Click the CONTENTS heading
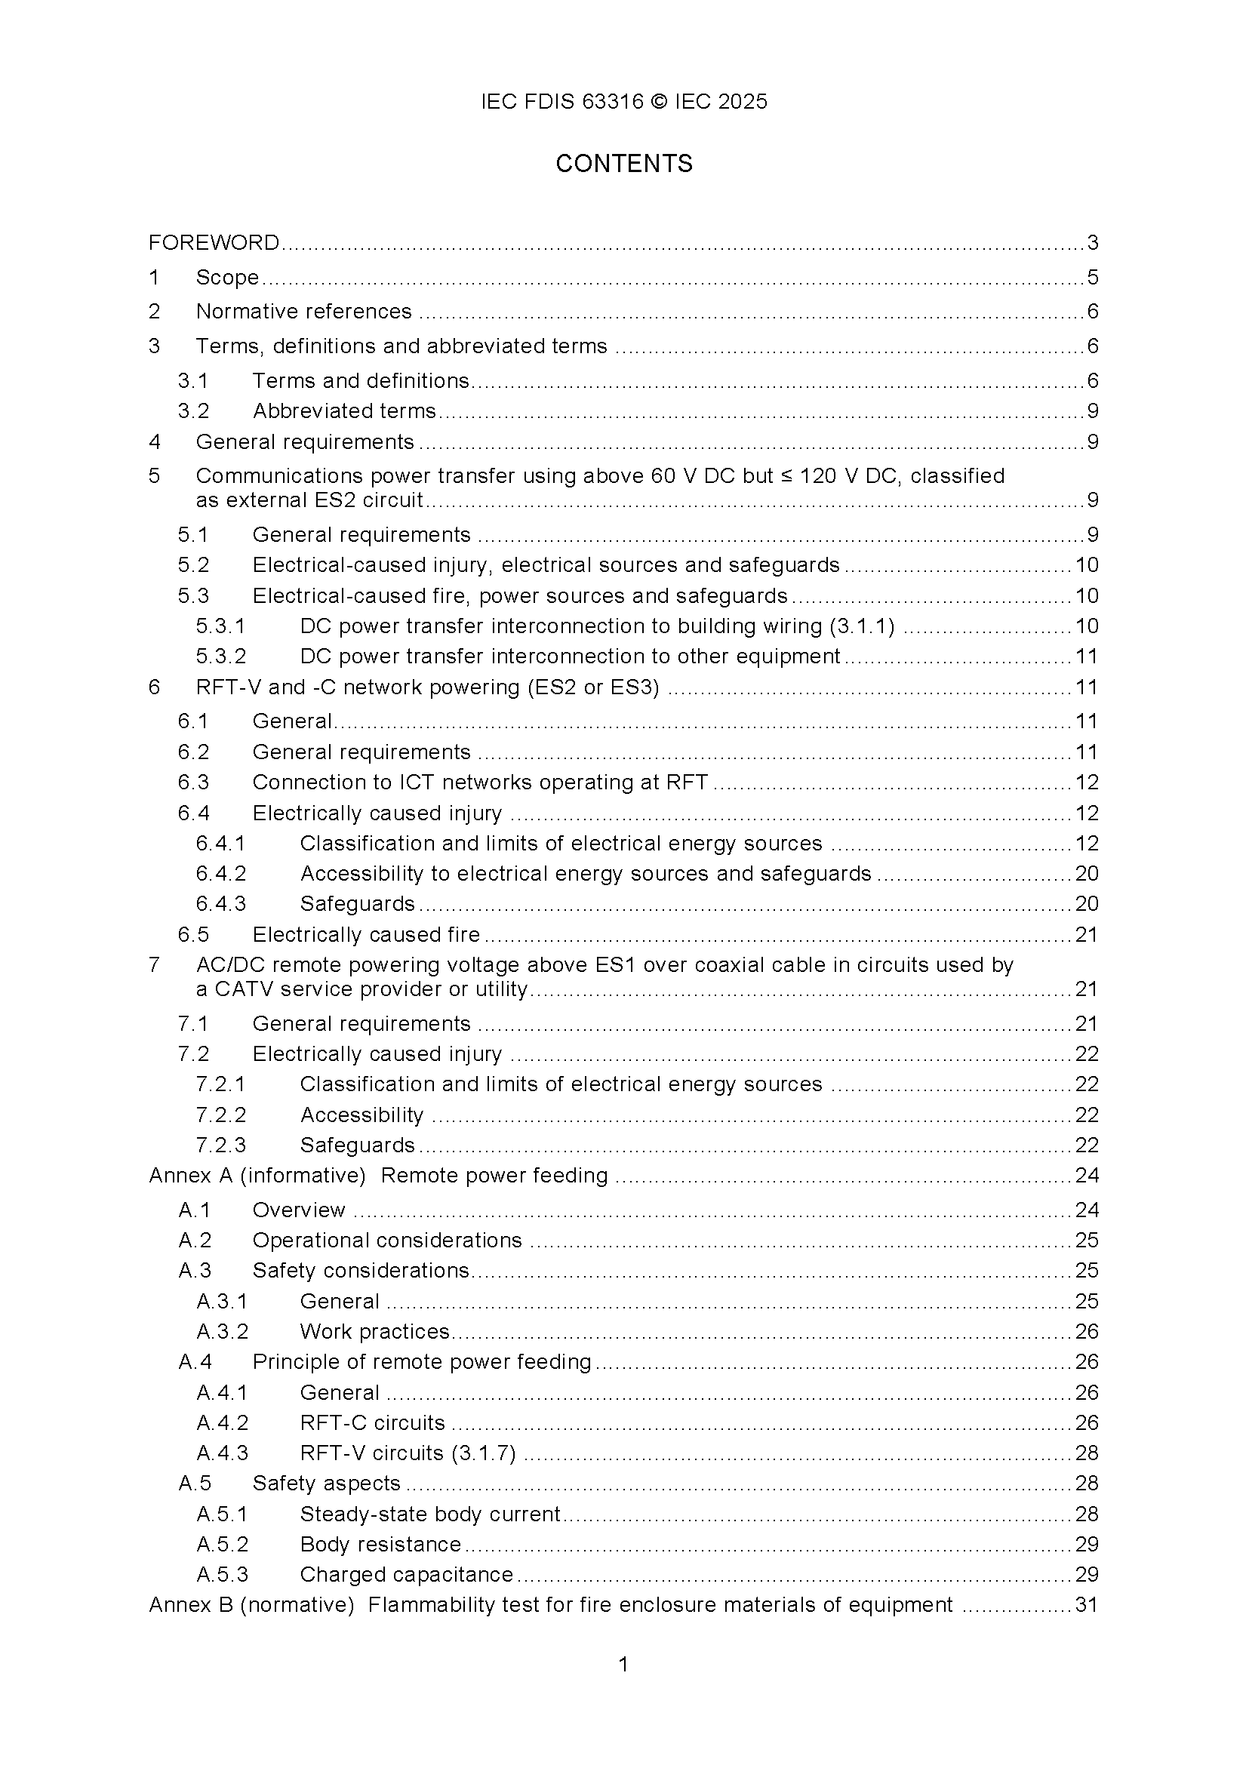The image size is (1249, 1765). pyautogui.click(x=623, y=164)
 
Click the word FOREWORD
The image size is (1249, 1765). pyautogui.click(x=214, y=243)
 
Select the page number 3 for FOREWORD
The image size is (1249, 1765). pyautogui.click(x=1092, y=243)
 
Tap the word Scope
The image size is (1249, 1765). pyautogui.click(x=227, y=277)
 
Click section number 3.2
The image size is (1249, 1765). pyautogui.click(x=193, y=411)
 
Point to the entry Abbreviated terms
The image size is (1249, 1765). pyautogui.click(x=344, y=411)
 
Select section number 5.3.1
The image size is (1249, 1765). pyautogui.click(x=220, y=626)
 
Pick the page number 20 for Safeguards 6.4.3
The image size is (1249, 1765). pyautogui.click(x=1086, y=904)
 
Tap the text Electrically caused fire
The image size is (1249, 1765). pyautogui.click(x=366, y=934)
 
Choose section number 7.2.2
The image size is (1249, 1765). pyautogui.click(x=220, y=1115)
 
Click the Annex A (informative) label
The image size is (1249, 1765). pyautogui.click(x=257, y=1176)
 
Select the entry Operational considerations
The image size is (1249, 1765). pyautogui.click(x=387, y=1241)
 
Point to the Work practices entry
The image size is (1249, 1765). pyautogui.click(x=374, y=1332)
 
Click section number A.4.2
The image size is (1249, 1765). pyautogui.click(x=223, y=1422)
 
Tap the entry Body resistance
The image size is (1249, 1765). pyautogui.click(x=380, y=1544)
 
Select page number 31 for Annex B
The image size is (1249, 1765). pyautogui.click(x=1086, y=1605)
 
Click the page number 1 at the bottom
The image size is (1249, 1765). pyautogui.click(x=623, y=1665)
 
